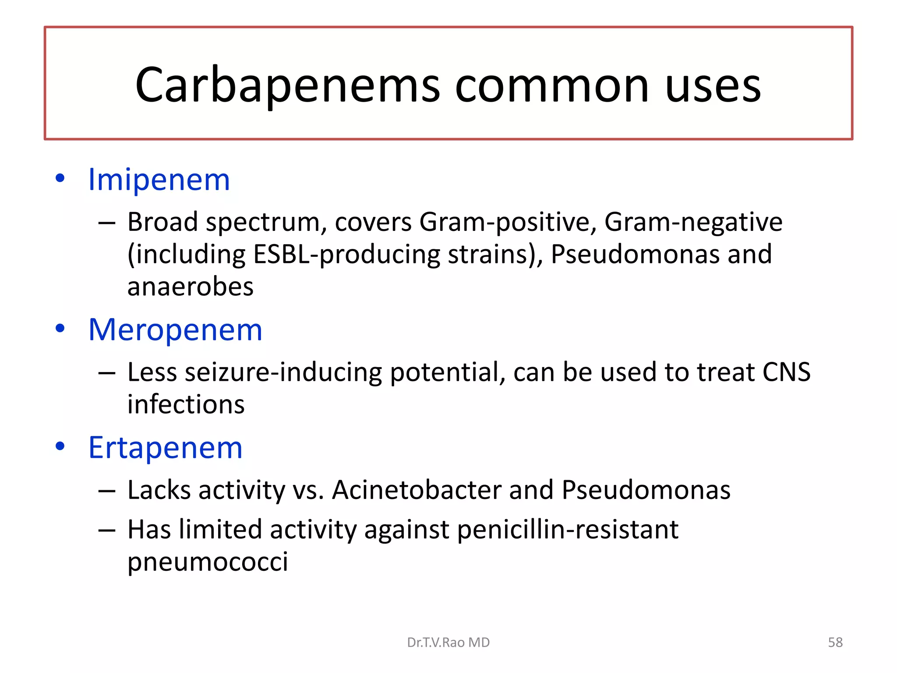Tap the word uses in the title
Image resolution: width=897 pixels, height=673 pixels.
coord(713,86)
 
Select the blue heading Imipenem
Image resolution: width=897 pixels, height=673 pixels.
coord(159,180)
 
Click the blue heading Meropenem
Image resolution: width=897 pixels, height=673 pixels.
coord(175,329)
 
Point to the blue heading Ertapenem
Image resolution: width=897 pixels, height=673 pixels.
coord(165,448)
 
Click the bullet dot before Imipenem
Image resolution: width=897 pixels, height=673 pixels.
coord(60,178)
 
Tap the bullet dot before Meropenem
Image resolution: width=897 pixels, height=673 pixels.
coord(60,328)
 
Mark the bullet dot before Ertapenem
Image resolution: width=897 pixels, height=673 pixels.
coord(60,446)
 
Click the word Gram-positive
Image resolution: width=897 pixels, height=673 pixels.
coord(508,223)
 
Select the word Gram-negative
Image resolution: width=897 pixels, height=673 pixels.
coord(693,223)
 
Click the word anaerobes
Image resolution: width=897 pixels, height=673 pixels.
coord(190,287)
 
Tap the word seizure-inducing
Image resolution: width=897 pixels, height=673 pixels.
coord(283,372)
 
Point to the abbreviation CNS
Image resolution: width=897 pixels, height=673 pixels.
coord(786,372)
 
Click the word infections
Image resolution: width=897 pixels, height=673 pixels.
coord(186,404)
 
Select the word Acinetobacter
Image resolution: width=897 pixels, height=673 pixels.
coord(417,490)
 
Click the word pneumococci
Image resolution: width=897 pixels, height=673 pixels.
coord(208,562)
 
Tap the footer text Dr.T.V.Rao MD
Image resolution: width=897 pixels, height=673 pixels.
coord(448,642)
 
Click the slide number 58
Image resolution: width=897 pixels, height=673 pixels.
coord(835,642)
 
